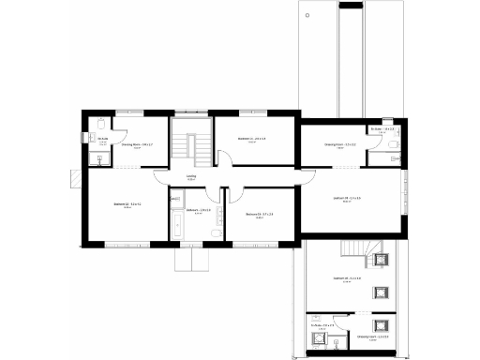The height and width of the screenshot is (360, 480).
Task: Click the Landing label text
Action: coord(190,175)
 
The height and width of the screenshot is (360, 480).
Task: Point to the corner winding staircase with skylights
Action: coord(356,248)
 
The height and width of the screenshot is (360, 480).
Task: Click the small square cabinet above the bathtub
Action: coord(174,199)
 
